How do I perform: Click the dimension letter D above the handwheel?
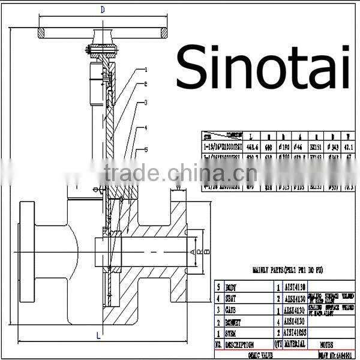tap(102, 9)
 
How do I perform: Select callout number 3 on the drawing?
tap(145, 103)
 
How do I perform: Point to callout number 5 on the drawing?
tap(145, 150)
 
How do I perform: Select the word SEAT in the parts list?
tap(234, 298)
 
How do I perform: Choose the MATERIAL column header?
tap(295, 344)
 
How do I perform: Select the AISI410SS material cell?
tap(295, 332)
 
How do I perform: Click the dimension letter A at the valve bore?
tap(192, 251)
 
